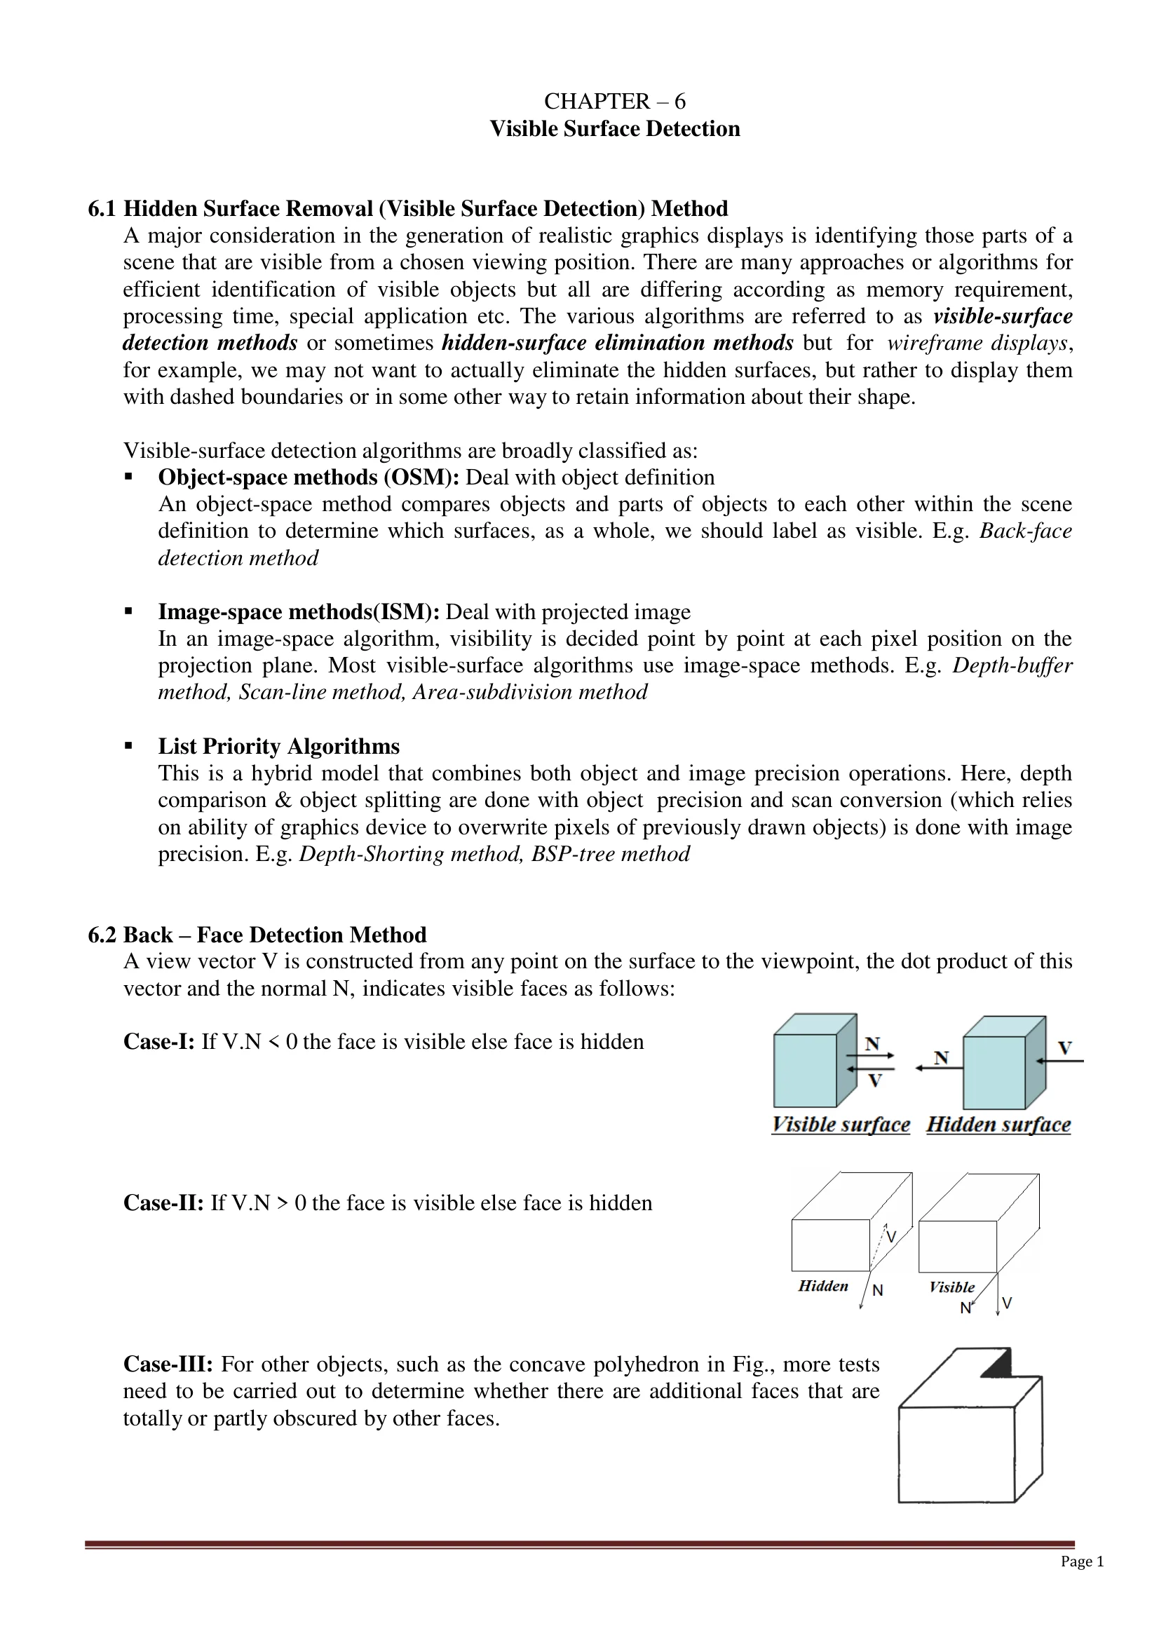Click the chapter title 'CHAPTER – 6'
(x=614, y=102)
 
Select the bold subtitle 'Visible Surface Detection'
(x=614, y=129)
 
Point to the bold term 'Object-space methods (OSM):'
(x=309, y=477)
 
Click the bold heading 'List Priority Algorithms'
(x=278, y=747)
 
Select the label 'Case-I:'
(x=158, y=1041)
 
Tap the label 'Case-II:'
(x=163, y=1203)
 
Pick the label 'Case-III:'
(x=168, y=1364)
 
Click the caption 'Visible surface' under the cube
(x=841, y=1124)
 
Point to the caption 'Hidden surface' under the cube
(x=998, y=1124)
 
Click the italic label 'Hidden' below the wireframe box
(x=822, y=1286)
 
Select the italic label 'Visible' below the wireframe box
(x=951, y=1287)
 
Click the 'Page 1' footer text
(x=1082, y=1561)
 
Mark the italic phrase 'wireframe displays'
(x=977, y=344)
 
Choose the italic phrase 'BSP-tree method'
(x=610, y=854)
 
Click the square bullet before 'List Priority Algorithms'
(x=128, y=746)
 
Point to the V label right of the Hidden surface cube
(x=1064, y=1048)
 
